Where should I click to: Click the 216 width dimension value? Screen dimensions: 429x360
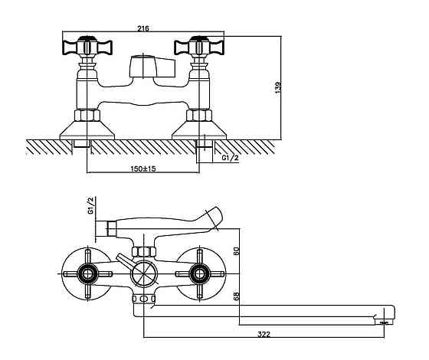143,28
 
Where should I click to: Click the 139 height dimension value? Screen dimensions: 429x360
278,87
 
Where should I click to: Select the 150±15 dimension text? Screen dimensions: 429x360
143,169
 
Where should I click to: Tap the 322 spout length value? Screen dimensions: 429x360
264,334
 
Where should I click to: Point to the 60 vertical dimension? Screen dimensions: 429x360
237,251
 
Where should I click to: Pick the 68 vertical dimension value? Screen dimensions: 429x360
237,296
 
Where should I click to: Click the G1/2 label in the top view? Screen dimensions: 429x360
230,158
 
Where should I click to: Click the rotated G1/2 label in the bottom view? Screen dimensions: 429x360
91,205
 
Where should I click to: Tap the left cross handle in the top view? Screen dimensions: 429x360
87,47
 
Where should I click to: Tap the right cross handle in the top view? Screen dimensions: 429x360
199,47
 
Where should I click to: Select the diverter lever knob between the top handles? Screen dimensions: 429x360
152,67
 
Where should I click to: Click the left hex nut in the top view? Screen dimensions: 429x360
87,115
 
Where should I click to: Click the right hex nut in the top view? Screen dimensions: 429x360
199,115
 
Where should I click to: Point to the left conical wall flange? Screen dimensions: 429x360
87,130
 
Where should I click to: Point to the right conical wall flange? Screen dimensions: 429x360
199,130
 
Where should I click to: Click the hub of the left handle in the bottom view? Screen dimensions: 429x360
87,274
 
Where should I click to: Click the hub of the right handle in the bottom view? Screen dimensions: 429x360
199,274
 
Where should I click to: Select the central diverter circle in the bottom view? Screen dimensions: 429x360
144,274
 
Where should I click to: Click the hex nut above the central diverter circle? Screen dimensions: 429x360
144,252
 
